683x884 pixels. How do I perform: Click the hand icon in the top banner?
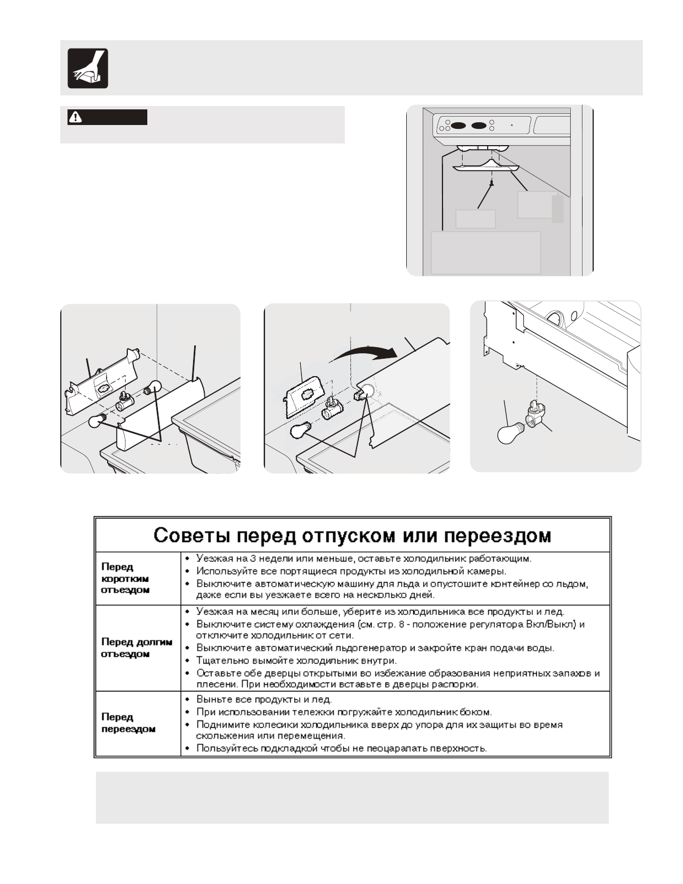click(88, 68)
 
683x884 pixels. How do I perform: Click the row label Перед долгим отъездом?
click(137, 648)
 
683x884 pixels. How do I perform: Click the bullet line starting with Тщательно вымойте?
click(296, 661)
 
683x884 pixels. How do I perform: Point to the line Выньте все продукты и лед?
click(264, 699)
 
